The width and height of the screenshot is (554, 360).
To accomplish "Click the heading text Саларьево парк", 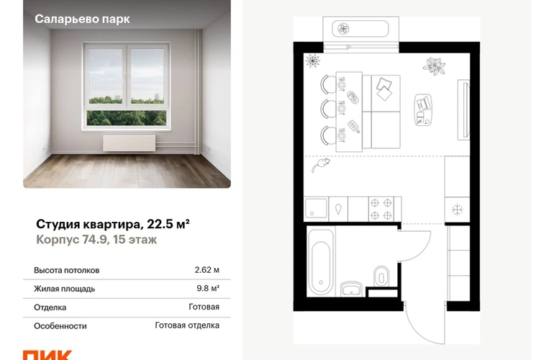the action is click(82, 19).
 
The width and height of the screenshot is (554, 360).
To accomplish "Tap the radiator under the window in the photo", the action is click(130, 143).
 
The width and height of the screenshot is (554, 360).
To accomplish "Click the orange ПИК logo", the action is click(47, 355).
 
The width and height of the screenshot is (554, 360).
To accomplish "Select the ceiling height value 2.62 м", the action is click(206, 270).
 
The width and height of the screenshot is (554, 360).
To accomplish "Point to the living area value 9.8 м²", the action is click(208, 288).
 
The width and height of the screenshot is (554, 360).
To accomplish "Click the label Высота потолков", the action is click(67, 270).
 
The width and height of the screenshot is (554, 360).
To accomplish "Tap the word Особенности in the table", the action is click(60, 325).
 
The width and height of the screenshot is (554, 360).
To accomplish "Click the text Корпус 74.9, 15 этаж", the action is click(96, 240).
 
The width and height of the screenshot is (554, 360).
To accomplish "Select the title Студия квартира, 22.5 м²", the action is click(113, 224).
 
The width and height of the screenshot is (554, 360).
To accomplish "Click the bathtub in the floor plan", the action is click(321, 263).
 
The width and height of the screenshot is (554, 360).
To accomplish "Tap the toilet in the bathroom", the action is click(381, 276).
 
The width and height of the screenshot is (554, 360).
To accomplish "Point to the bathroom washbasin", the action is click(351, 289).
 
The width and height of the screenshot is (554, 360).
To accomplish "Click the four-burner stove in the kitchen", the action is click(381, 209).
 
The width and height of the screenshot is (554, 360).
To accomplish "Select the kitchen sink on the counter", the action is click(316, 209).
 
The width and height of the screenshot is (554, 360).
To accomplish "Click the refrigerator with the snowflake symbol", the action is click(457, 210).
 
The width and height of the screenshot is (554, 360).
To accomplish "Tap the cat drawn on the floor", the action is click(321, 164).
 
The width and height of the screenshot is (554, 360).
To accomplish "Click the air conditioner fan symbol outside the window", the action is click(343, 29).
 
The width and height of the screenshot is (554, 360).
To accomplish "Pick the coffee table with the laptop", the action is click(423, 109).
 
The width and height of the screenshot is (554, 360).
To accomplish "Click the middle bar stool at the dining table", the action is click(328, 108).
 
